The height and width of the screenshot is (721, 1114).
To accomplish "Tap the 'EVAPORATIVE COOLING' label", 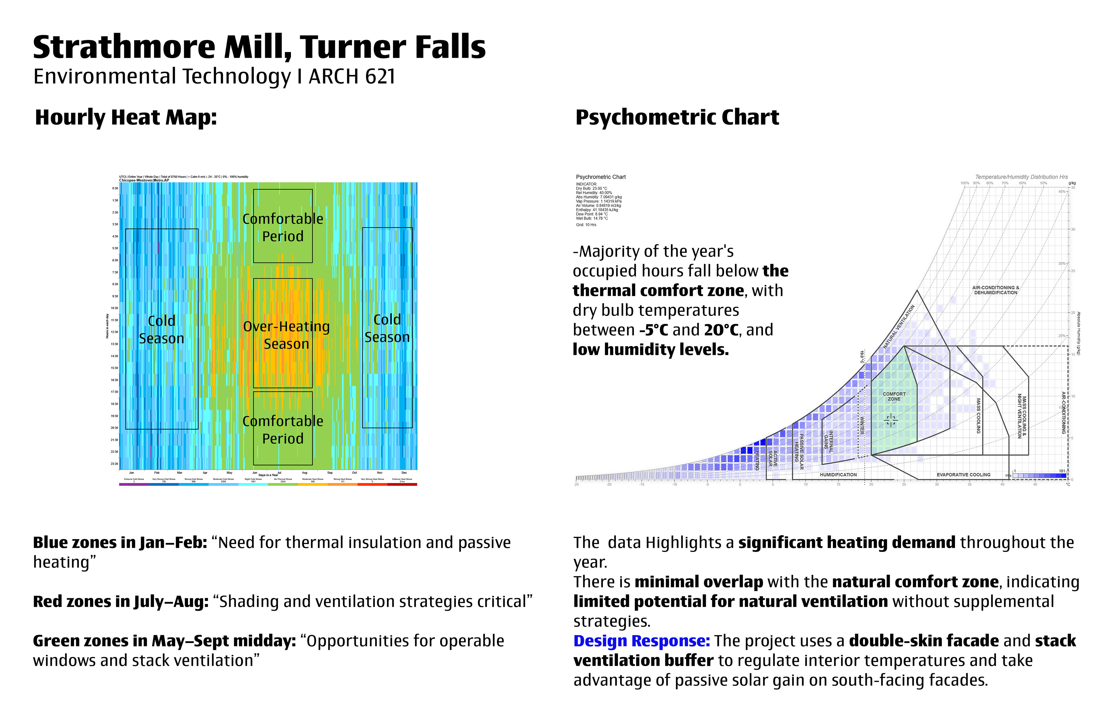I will click(x=963, y=475).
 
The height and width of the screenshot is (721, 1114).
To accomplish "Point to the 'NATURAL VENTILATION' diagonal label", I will click(x=899, y=326).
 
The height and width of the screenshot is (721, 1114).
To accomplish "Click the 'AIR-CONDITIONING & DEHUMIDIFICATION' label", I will click(x=996, y=290).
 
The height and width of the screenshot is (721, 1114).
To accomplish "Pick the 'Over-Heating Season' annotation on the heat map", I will click(x=286, y=335).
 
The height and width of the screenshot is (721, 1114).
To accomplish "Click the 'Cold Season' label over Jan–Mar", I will click(x=162, y=330).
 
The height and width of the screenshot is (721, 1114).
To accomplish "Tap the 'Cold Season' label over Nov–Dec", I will click(x=387, y=328).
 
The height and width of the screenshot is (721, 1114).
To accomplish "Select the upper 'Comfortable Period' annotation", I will click(x=283, y=227).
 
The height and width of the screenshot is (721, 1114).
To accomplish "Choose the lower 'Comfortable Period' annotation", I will click(x=283, y=429).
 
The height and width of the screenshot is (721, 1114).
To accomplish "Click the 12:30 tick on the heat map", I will click(x=115, y=332).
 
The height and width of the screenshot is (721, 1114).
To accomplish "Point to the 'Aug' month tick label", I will click(x=305, y=473).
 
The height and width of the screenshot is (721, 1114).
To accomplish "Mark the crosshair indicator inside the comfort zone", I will click(x=890, y=420).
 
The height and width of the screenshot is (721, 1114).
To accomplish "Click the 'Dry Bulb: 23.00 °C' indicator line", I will click(x=592, y=189).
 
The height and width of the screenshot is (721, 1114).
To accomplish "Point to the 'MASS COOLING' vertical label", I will click(x=978, y=416).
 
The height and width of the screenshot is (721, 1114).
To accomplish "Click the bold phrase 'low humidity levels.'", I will click(x=651, y=349).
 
